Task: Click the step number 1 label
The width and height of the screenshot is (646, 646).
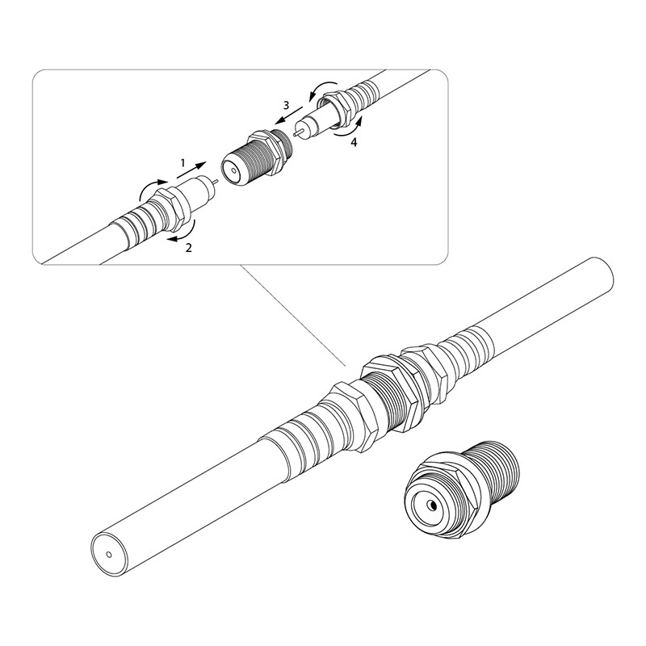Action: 183,164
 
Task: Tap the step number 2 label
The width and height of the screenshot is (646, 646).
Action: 189,248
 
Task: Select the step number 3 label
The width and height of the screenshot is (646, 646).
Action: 287,105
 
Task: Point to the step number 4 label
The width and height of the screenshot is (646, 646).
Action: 354,143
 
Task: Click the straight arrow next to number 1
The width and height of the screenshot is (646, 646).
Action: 191,170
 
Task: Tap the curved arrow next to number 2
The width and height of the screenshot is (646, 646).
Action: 183,233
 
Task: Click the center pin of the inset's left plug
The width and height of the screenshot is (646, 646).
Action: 216,182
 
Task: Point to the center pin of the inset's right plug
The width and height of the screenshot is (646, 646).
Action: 297,132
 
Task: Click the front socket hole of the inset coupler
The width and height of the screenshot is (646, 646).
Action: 234,170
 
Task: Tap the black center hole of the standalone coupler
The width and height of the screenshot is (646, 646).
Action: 433,505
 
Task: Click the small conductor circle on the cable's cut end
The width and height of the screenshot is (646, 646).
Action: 109,555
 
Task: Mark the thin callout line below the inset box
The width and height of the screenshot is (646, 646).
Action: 293,315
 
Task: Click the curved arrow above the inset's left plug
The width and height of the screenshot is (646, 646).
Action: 152,188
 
